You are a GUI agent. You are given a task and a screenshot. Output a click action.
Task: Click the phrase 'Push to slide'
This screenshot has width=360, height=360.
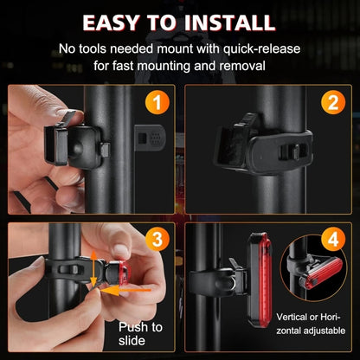140,334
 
